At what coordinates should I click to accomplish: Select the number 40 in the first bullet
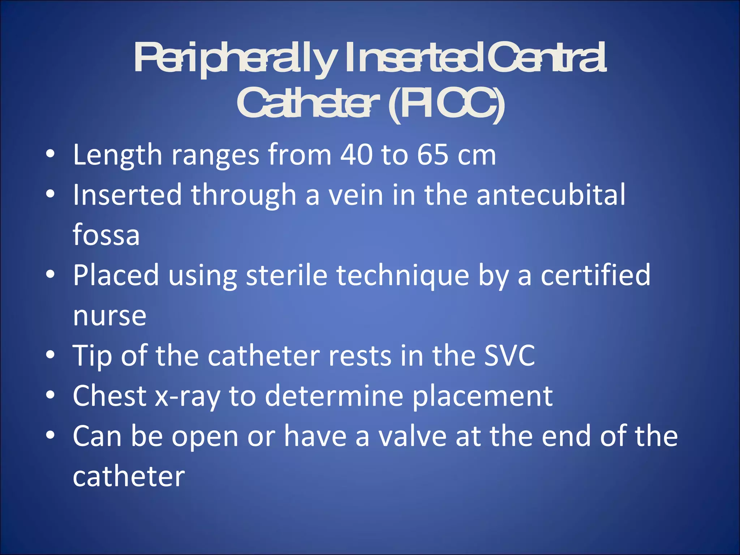pos(356,155)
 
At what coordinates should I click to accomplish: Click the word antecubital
pos(551,195)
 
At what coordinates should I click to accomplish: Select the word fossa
pos(106,235)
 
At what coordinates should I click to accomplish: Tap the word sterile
pos(287,275)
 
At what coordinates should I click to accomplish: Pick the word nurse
pos(109,316)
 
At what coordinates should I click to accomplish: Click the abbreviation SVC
pos(509,356)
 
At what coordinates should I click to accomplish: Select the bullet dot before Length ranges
pos(50,154)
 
